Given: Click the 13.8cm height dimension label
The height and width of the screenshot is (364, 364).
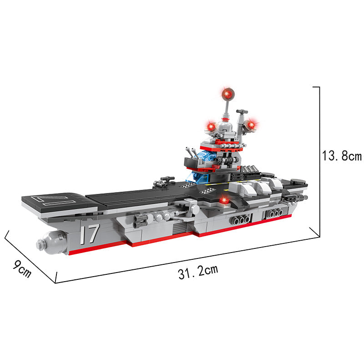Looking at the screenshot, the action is pyautogui.click(x=342, y=156).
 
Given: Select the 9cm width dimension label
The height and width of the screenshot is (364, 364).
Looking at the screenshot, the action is pyautogui.click(x=22, y=269).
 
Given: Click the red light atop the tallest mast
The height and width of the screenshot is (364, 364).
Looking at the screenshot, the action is pyautogui.click(x=227, y=94).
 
